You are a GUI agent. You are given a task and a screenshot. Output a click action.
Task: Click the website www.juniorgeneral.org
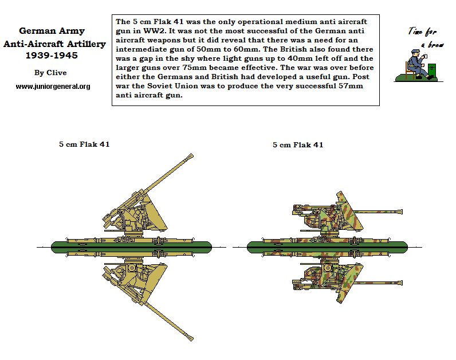(x=53, y=86)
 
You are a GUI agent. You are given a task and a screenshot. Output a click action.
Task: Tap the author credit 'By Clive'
(x=50, y=72)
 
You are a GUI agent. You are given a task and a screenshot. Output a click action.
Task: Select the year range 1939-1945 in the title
(x=52, y=56)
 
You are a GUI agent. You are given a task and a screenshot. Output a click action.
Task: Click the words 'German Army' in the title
(x=53, y=31)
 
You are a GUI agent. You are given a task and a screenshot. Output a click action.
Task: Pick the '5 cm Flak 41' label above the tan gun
(x=84, y=144)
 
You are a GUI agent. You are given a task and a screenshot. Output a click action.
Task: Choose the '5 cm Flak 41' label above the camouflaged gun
(x=298, y=144)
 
